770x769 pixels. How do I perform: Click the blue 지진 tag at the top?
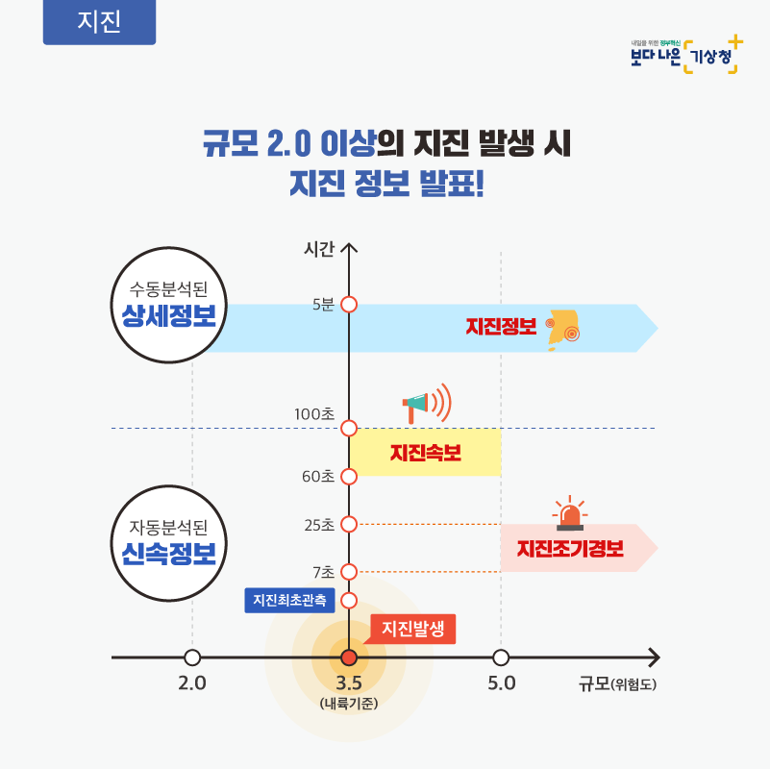pyautogui.click(x=99, y=21)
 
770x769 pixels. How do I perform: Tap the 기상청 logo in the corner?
pyautogui.click(x=686, y=55)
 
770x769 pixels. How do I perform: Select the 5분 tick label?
pyautogui.click(x=324, y=305)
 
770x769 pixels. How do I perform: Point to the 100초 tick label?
pyautogui.click(x=314, y=414)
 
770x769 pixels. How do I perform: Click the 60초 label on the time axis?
pyautogui.click(x=318, y=477)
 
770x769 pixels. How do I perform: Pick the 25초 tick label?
pyautogui.click(x=319, y=525)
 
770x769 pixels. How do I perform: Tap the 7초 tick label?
pyautogui.click(x=324, y=572)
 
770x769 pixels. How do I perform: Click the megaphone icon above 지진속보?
pyautogui.click(x=426, y=404)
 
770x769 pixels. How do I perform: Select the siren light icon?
pyautogui.click(x=570, y=512)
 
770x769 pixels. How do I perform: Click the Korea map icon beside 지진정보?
pyautogui.click(x=563, y=330)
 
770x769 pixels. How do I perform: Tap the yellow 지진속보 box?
pyautogui.click(x=425, y=452)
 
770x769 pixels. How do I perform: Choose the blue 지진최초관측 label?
pyautogui.click(x=289, y=600)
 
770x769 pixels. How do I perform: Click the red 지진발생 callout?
pyautogui.click(x=412, y=629)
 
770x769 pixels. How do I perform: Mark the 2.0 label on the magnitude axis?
pyautogui.click(x=192, y=683)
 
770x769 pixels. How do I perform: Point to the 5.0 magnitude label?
pyautogui.click(x=502, y=683)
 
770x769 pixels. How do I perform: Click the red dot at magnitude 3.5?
pyautogui.click(x=349, y=657)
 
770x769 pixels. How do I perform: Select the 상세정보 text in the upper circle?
pyautogui.click(x=169, y=315)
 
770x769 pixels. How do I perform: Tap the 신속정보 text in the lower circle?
pyautogui.click(x=169, y=554)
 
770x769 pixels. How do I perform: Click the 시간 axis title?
pyautogui.click(x=319, y=249)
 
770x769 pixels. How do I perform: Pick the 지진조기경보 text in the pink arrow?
pyautogui.click(x=570, y=549)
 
